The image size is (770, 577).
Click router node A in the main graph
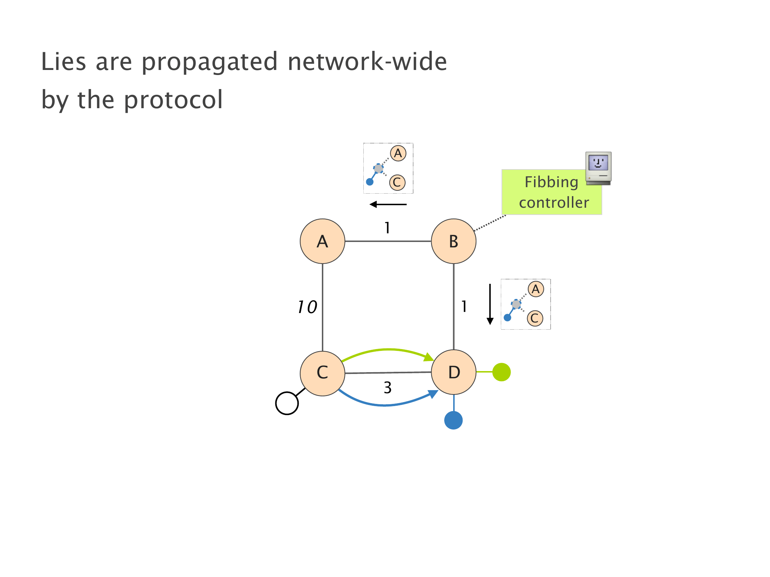(x=322, y=241)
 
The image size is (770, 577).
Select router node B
(x=454, y=241)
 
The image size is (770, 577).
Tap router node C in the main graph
(x=322, y=373)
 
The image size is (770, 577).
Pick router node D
(x=454, y=372)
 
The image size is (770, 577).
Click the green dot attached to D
(x=501, y=372)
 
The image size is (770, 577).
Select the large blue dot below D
(x=453, y=420)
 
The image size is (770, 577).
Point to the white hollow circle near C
(x=287, y=403)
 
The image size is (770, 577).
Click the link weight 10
(x=307, y=307)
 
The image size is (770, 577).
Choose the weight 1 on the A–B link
(x=387, y=228)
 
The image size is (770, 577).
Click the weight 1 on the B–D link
(x=464, y=307)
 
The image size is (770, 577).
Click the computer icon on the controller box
(x=598, y=168)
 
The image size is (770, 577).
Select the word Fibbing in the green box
(x=551, y=182)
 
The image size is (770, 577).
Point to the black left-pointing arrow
(x=388, y=204)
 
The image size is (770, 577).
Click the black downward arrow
(x=490, y=305)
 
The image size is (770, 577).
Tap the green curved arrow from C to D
(x=388, y=349)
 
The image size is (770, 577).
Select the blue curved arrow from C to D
(x=386, y=405)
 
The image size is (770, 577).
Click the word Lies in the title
(x=64, y=62)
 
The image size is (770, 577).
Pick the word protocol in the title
(x=174, y=100)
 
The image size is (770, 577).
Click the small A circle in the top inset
(x=398, y=153)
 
